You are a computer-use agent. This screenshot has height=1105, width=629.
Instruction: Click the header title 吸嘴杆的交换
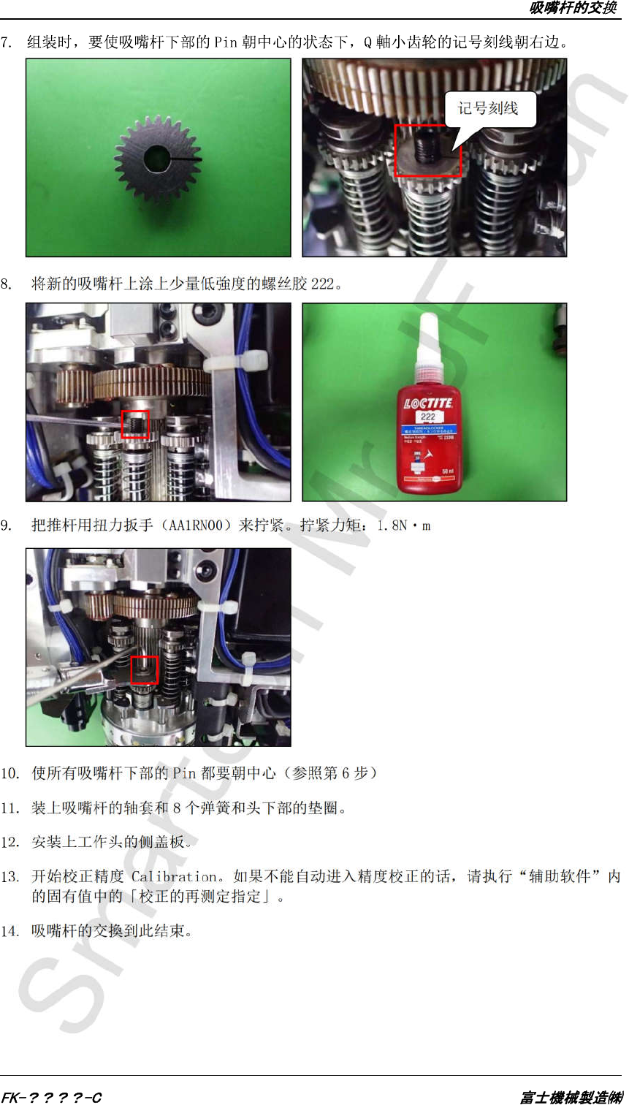(573, 8)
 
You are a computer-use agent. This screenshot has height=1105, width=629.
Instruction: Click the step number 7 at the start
(5, 42)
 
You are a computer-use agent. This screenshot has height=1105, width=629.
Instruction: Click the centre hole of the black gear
(157, 159)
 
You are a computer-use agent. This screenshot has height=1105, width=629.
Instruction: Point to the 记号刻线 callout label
(488, 108)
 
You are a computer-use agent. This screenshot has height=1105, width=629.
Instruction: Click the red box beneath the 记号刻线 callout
(428, 151)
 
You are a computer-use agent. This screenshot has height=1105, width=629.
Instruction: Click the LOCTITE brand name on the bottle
(428, 403)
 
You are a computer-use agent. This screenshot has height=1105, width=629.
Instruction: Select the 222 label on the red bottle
(428, 417)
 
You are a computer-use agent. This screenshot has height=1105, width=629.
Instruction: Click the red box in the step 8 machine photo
(135, 424)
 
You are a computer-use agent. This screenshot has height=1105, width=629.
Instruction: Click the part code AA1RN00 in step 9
(197, 525)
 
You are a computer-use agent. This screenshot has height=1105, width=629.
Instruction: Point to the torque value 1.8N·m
(404, 526)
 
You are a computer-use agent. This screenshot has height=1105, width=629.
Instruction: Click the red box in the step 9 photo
(144, 669)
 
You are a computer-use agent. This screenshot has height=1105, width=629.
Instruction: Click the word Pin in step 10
(184, 773)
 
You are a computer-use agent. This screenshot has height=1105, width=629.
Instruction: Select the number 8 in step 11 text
(177, 808)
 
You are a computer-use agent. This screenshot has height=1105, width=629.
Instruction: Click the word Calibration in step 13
(174, 876)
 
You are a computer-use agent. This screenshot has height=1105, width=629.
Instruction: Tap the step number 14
(9, 931)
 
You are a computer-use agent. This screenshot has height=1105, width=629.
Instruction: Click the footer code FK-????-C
(51, 1098)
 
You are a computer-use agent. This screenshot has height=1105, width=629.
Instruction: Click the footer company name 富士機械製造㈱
(572, 1098)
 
